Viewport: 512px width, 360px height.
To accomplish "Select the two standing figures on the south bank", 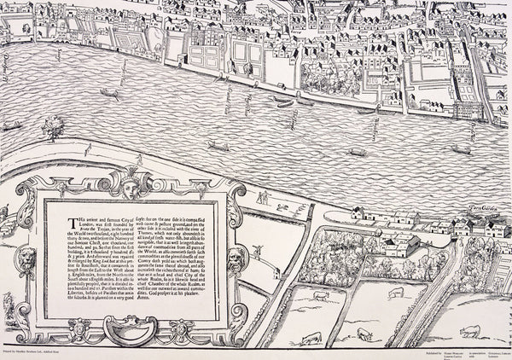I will pyautogui.click(x=267, y=197).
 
